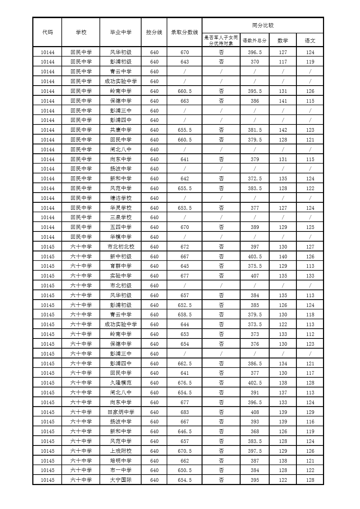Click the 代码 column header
48,32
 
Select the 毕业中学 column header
120,32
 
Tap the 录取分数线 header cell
184,32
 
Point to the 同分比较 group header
263,25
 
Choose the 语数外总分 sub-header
254,41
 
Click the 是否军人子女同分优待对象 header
221,40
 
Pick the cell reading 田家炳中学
120,412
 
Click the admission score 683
185,412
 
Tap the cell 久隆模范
120,383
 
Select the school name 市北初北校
120,247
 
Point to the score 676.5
185,383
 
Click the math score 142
283,130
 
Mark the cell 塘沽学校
120,198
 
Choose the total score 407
255,276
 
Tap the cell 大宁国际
120,480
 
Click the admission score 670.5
185,451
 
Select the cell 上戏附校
120,451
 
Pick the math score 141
283,101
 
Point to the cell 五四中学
120,227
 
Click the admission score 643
185,62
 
